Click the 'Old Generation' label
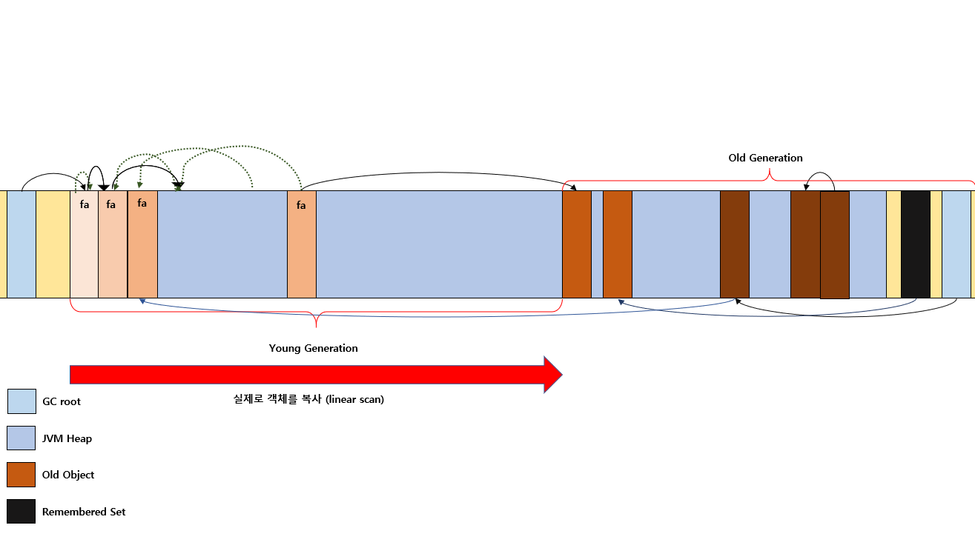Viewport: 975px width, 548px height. tap(765, 158)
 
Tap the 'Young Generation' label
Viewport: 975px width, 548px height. tap(313, 348)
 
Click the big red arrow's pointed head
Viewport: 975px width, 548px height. tap(562, 375)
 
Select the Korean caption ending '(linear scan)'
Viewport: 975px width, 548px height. tap(308, 399)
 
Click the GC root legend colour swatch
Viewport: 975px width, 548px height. tap(22, 401)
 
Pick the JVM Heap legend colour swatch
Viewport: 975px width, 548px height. tap(22, 438)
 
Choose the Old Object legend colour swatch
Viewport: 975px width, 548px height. tap(22, 475)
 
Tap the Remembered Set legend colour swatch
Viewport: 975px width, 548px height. tap(22, 512)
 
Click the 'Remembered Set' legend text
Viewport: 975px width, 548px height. tap(84, 512)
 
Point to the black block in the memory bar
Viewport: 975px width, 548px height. tap(916, 244)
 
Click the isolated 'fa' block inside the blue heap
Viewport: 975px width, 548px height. tap(302, 244)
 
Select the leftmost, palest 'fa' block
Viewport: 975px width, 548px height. tap(84, 244)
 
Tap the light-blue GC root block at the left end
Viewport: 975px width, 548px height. tap(22, 244)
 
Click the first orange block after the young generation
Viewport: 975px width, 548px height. tap(577, 244)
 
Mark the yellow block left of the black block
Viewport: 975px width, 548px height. tap(893, 244)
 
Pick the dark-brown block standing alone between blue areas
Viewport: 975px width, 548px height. tap(735, 244)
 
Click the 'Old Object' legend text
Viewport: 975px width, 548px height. tap(68, 475)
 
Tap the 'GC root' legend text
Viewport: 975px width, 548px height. tap(62, 401)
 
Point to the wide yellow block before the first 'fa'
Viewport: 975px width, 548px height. tap(53, 244)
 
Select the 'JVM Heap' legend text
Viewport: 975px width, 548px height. tap(67, 438)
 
